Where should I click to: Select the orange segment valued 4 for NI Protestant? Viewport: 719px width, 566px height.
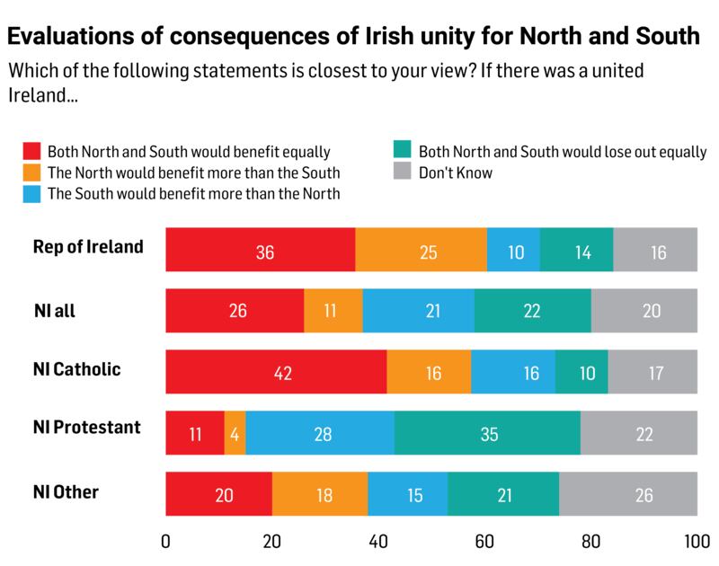pos(235,433)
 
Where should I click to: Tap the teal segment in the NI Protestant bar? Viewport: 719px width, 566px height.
pos(487,433)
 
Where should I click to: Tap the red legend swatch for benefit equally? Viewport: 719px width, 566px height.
pos(31,151)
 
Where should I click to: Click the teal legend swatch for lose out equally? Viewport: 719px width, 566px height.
pos(402,151)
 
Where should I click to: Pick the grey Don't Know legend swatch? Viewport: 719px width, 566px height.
pos(402,171)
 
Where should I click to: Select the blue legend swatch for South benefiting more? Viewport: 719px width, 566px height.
pos(31,191)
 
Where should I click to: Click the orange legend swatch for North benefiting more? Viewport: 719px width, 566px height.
pos(31,171)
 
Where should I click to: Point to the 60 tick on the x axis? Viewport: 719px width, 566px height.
pos(484,543)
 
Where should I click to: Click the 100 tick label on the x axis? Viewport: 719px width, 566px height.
pos(696,543)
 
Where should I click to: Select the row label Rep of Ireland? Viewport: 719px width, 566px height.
pos(88,246)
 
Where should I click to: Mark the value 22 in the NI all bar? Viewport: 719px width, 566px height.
pos(533,312)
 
